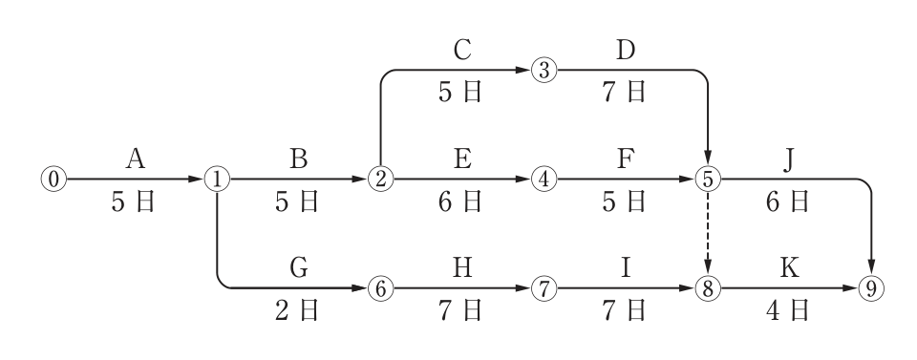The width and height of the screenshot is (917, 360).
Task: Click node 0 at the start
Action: coord(53,180)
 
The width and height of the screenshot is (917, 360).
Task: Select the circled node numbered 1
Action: coord(217,180)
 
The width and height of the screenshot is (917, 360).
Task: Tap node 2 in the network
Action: coord(381,180)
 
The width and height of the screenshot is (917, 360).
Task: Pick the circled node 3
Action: coord(544,71)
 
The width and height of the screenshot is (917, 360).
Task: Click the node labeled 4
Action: coord(544,180)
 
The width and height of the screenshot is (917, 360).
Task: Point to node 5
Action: coord(708,180)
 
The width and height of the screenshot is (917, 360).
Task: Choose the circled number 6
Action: coord(381,288)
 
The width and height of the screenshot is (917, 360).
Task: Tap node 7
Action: coord(544,288)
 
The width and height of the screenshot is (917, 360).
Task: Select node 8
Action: coord(708,288)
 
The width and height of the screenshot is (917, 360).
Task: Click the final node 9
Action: coord(871,288)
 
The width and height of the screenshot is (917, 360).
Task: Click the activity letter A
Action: coord(135,159)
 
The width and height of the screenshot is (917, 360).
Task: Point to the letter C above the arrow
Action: coord(462,51)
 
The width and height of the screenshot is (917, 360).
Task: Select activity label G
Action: coord(299,267)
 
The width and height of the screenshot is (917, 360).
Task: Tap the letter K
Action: coord(790,267)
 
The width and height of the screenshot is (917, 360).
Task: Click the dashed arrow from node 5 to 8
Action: coord(708,234)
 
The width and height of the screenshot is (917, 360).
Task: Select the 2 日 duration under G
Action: coord(297,310)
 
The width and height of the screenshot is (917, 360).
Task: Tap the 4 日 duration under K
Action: coord(788,310)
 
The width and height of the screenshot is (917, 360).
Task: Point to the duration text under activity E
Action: coord(460,201)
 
